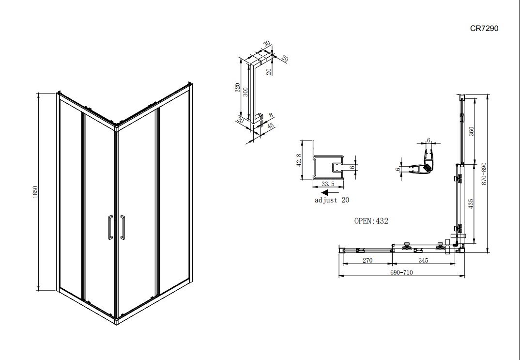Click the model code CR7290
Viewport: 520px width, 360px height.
pos(484,29)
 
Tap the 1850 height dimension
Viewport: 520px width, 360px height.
pos(35,192)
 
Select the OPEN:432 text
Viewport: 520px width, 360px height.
pos(371,221)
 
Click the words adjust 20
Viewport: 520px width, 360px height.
pos(332,200)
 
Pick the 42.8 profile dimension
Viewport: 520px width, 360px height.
pos(299,160)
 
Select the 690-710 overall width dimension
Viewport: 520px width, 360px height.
pos(401,273)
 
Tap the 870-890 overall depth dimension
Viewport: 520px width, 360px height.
pos(484,173)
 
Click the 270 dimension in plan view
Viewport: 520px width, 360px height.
pos(367,261)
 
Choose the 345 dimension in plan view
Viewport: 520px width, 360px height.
pos(423,261)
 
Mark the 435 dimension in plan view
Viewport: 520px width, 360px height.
pos(471,203)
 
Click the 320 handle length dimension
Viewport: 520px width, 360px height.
pos(237,88)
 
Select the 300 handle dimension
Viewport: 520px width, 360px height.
pos(245,92)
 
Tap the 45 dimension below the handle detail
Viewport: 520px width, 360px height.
pos(270,126)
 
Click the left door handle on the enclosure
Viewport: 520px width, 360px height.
pos(110,227)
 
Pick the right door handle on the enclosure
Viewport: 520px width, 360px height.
pos(122,227)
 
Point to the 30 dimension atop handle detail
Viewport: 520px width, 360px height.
pos(267,44)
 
